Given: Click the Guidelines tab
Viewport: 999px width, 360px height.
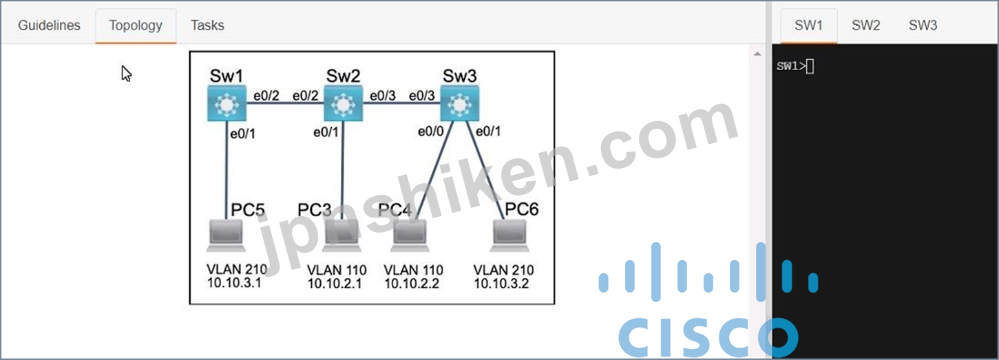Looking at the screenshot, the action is (x=49, y=25).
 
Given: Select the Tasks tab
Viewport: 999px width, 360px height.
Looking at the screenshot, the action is (x=207, y=25).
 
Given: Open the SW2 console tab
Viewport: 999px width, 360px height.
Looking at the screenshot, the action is (x=865, y=25).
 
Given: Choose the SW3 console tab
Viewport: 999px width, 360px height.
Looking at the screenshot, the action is (x=923, y=25).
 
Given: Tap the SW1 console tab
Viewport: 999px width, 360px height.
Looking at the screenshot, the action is (x=808, y=25).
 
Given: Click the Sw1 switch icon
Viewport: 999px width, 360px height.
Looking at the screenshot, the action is (x=227, y=103).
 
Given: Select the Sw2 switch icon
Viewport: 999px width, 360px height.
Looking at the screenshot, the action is (x=343, y=103).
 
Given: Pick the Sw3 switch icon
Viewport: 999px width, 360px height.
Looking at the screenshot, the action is (x=459, y=103).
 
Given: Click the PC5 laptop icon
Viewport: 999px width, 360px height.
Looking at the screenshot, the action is (x=226, y=235).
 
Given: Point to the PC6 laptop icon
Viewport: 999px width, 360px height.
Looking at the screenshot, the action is (x=509, y=235).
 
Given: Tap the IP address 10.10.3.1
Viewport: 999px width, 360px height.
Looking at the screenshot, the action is (x=234, y=283).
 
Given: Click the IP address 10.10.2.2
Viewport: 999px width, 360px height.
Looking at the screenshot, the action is (x=412, y=284).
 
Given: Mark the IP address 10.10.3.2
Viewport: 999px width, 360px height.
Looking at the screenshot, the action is (x=501, y=284).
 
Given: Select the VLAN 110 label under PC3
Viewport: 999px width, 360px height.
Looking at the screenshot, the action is (x=337, y=270).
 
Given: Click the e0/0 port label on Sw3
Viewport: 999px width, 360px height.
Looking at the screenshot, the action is (x=431, y=131).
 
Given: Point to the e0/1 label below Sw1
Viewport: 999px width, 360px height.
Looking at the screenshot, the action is (x=242, y=134).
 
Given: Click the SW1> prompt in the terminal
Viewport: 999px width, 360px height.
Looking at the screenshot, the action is (x=791, y=67).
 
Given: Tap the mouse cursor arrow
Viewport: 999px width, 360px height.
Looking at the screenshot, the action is (x=126, y=74).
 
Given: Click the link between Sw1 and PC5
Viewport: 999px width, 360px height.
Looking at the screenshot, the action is (x=227, y=170).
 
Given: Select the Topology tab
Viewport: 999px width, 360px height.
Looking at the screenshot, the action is (x=136, y=25).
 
